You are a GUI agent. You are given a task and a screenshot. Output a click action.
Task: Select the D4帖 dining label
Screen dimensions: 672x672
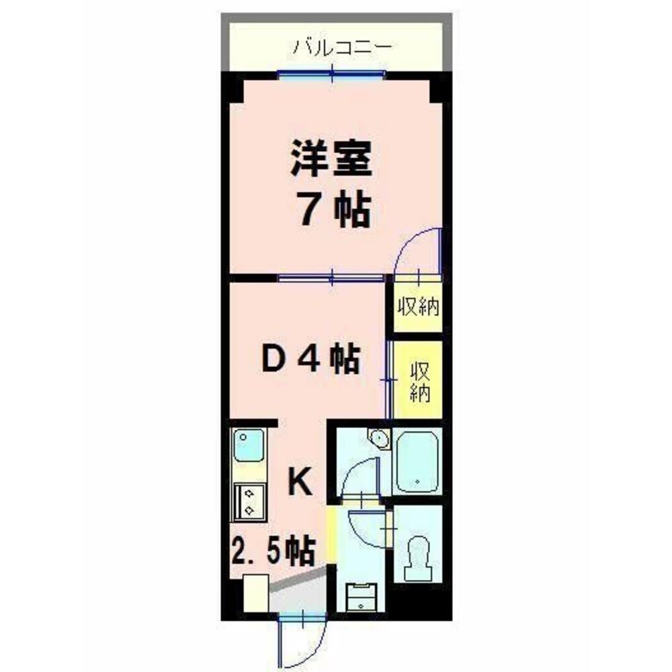[x=310, y=361]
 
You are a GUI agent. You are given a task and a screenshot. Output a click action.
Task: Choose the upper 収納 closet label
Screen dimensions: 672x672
[x=417, y=308]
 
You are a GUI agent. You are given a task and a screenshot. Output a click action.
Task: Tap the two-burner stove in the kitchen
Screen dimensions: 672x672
[x=249, y=501]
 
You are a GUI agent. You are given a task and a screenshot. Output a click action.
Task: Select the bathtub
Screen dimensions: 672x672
[x=417, y=462]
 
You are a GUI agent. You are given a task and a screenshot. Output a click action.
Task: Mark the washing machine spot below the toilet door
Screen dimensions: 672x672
[x=362, y=595]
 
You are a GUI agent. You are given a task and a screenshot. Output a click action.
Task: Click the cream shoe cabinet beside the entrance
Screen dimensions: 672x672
[x=256, y=593]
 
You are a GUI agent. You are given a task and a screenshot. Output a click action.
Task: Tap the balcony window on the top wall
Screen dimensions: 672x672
[x=332, y=74]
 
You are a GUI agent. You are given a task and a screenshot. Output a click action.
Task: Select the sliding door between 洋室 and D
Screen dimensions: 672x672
[x=332, y=277]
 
